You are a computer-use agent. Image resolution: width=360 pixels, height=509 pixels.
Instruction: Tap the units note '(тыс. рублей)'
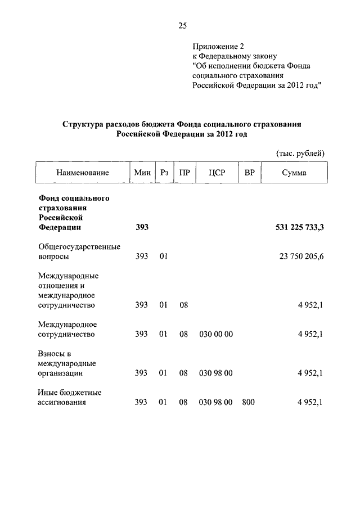300,153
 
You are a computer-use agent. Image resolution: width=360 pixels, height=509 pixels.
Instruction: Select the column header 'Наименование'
82,173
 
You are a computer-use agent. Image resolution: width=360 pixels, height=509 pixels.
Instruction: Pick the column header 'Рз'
164,173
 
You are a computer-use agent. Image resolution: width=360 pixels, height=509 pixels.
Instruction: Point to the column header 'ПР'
184,173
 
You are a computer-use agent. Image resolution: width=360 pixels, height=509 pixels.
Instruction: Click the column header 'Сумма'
294,173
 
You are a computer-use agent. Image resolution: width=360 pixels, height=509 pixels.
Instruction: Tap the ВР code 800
248,402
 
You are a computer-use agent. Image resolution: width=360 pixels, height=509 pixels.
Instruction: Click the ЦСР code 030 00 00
216,334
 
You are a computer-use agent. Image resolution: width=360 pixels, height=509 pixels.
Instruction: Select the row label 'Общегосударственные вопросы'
79,251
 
